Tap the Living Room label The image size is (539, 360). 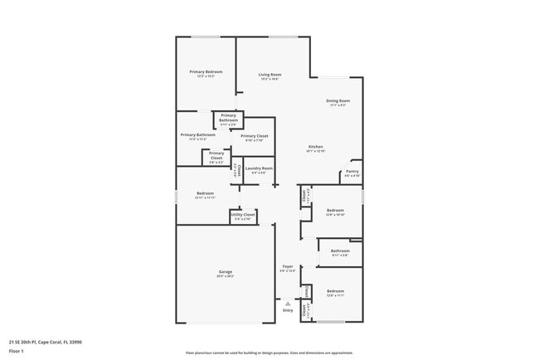(269, 75)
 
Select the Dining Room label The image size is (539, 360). (337, 101)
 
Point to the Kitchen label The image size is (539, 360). (315, 148)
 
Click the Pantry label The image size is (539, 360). (352, 172)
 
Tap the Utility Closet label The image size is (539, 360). (243, 215)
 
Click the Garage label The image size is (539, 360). (225, 272)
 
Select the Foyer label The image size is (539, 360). (287, 266)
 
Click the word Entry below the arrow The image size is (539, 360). (288, 310)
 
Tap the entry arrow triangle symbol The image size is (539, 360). (288, 303)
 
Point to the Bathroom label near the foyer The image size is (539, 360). (340, 251)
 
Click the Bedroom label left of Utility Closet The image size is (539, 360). (205, 194)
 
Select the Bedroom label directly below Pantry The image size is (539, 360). (335, 212)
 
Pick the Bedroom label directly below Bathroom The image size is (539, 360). (335, 291)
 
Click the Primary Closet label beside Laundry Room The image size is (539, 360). (254, 136)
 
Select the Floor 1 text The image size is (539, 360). (17, 350)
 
